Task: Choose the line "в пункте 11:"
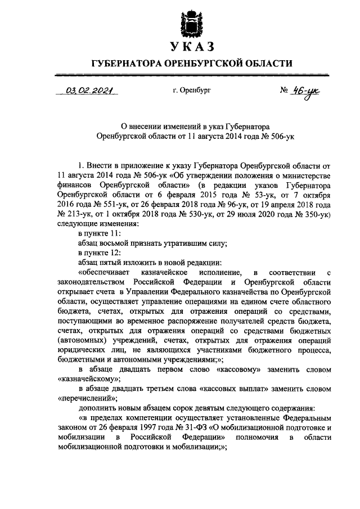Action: click(99, 233)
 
